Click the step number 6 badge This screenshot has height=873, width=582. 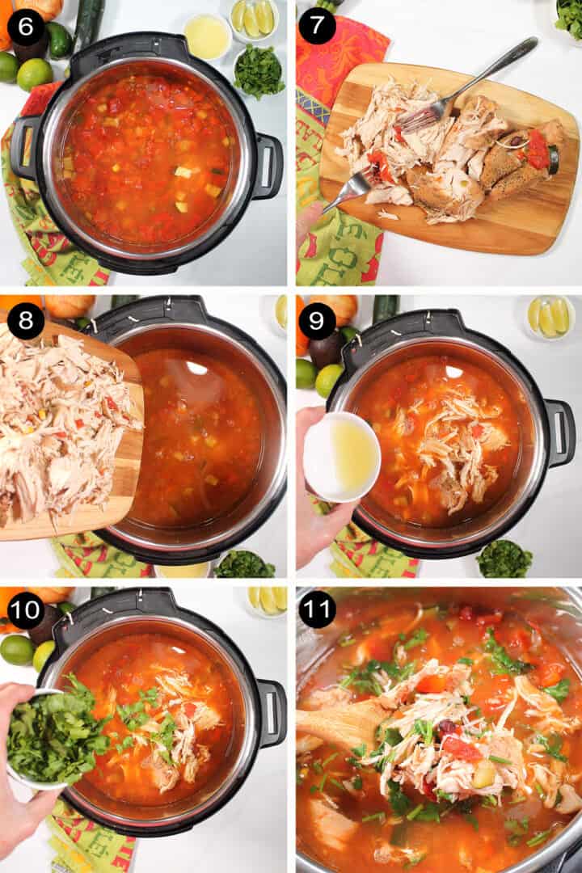pyautogui.click(x=26, y=26)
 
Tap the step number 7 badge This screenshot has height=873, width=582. pyautogui.click(x=317, y=26)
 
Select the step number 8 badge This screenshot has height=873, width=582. pyautogui.click(x=26, y=321)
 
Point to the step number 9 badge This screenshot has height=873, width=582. pyautogui.click(x=317, y=321)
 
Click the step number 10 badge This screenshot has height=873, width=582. pyautogui.click(x=26, y=610)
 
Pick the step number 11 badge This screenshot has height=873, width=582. pyautogui.click(x=317, y=610)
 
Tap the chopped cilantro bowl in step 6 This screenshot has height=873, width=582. pyautogui.click(x=259, y=72)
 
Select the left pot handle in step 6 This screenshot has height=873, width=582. pyautogui.click(x=23, y=146)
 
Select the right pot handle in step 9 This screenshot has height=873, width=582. pyautogui.click(x=559, y=432)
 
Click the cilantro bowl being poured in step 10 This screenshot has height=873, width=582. pyautogui.click(x=48, y=736)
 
